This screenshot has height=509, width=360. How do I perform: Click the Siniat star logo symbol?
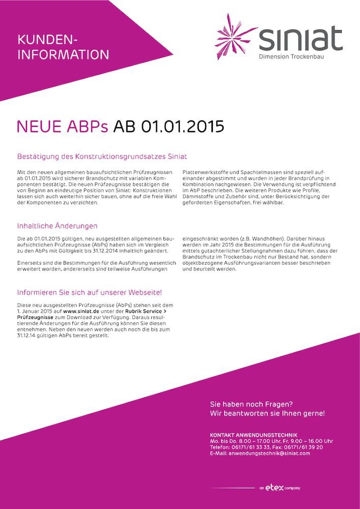click(236, 37)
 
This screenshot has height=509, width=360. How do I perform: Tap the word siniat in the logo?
click(300, 39)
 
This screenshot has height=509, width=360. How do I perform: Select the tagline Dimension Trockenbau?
click(291, 56)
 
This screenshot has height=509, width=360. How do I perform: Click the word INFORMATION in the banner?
click(63, 54)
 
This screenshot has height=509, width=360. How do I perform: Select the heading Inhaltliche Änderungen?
click(57, 225)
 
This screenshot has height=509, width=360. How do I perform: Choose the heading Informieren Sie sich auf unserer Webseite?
click(89, 293)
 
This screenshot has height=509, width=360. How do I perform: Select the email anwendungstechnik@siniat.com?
click(269, 453)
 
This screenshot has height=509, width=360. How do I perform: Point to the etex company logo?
click(279, 488)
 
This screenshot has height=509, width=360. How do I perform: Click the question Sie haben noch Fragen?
click(251, 404)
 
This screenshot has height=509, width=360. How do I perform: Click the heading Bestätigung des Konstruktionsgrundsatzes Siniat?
click(102, 156)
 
